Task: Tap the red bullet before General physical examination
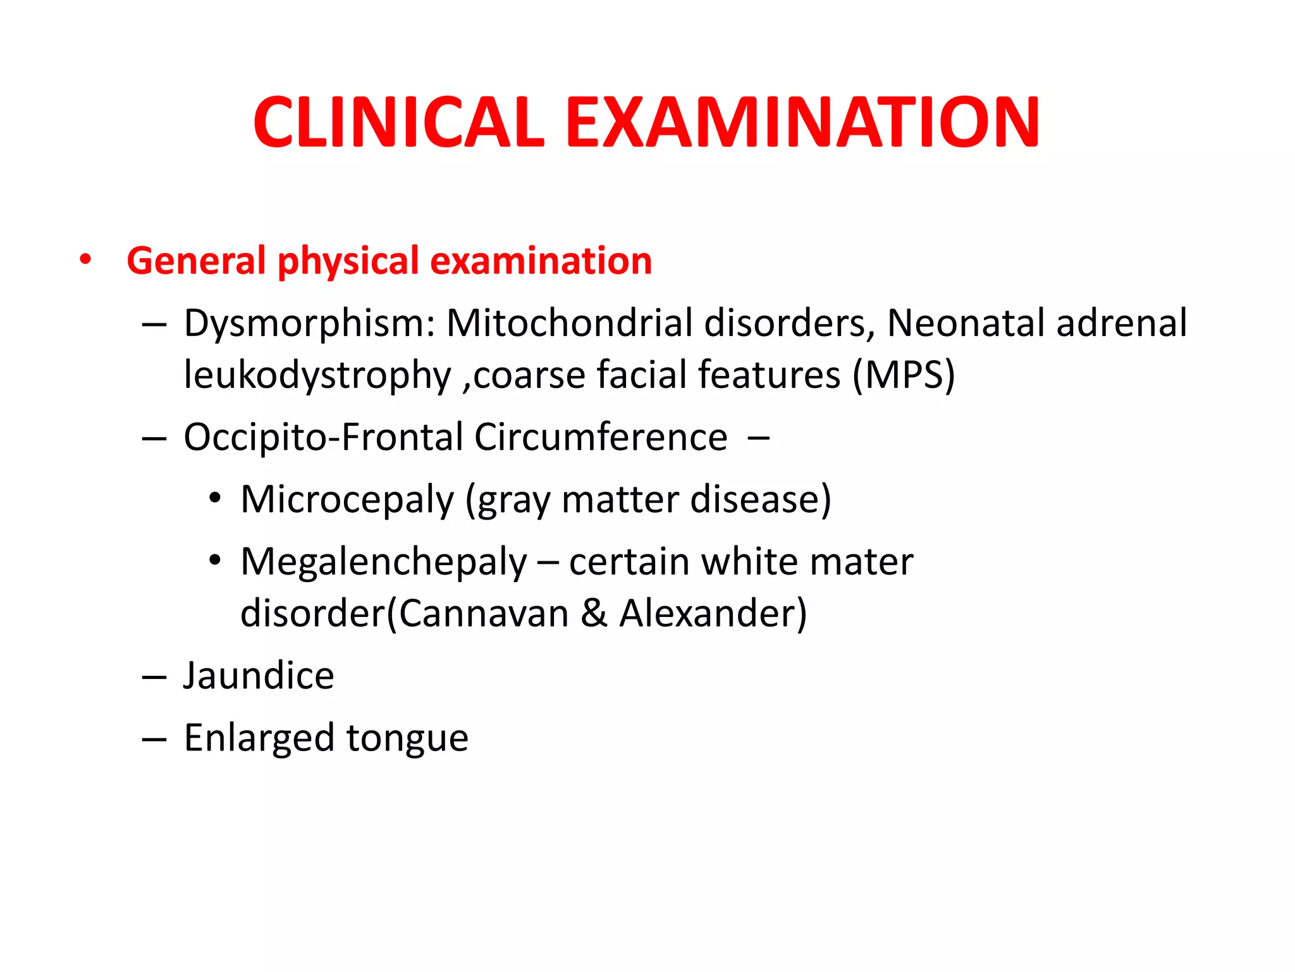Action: point(85,259)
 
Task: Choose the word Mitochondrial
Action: point(569,323)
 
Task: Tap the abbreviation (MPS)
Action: point(904,375)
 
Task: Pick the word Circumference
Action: point(601,437)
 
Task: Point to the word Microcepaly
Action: point(347,500)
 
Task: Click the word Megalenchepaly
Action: point(383,562)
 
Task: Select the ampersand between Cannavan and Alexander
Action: point(594,613)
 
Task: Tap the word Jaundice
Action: point(259,676)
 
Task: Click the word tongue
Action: point(407,738)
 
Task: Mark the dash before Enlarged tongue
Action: point(154,738)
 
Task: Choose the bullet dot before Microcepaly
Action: point(216,499)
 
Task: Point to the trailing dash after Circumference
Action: point(758,437)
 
